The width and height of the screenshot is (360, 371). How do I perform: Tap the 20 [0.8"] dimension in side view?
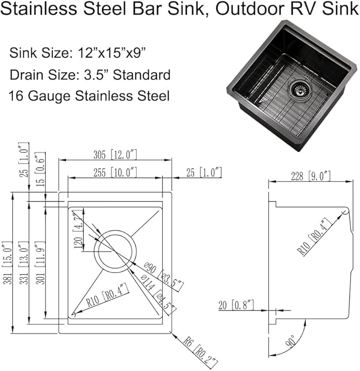[x=236, y=305]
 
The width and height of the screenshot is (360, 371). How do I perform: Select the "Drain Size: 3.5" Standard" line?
[x=90, y=75]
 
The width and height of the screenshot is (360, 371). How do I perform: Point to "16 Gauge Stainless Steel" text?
[x=89, y=96]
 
